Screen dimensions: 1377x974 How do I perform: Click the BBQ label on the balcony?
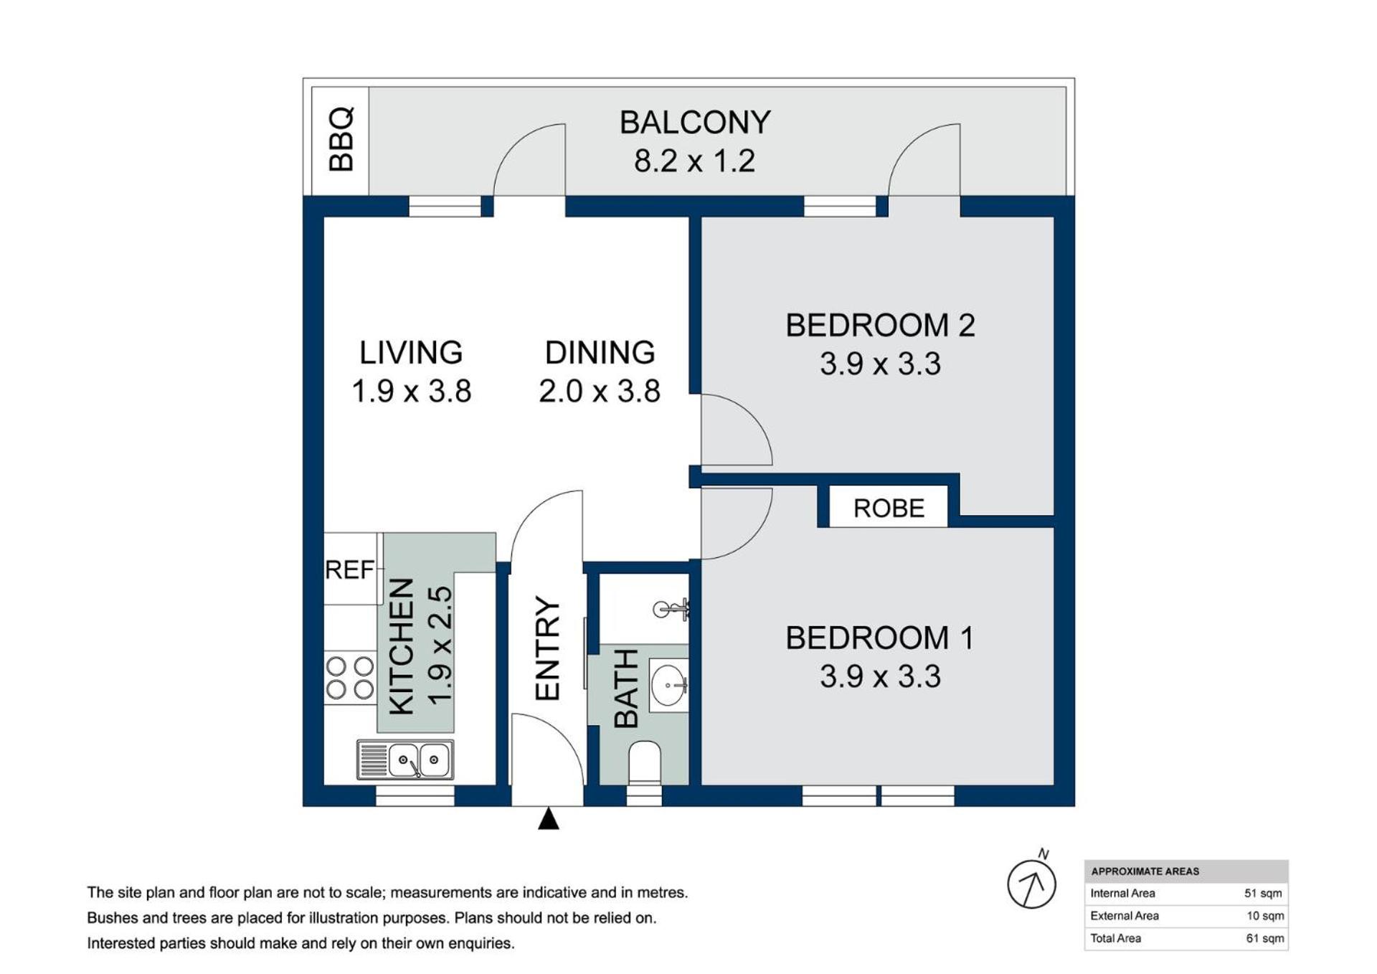click(341, 139)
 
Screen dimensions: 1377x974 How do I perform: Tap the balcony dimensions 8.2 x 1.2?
click(694, 161)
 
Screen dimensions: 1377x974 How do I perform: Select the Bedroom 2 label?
click(880, 325)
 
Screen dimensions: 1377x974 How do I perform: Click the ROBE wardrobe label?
click(889, 508)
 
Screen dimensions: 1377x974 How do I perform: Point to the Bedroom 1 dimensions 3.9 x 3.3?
click(880, 676)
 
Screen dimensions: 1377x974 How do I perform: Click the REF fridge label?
click(349, 569)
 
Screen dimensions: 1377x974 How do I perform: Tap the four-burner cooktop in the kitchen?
click(350, 678)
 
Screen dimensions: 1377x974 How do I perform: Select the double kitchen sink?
click(405, 760)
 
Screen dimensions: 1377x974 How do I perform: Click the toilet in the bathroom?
click(644, 763)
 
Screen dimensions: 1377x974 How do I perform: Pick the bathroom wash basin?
click(668, 685)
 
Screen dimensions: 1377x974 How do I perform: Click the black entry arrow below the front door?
click(549, 818)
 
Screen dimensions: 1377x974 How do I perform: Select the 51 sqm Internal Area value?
click(1263, 894)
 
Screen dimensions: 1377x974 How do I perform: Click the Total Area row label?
click(1116, 938)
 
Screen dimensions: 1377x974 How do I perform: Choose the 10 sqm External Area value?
click(1265, 916)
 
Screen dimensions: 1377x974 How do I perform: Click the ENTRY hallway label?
click(547, 648)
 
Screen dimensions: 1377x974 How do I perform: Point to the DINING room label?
click(600, 353)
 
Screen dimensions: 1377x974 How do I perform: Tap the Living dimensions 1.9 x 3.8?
click(412, 392)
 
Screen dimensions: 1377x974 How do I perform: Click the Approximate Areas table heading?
click(1145, 871)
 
